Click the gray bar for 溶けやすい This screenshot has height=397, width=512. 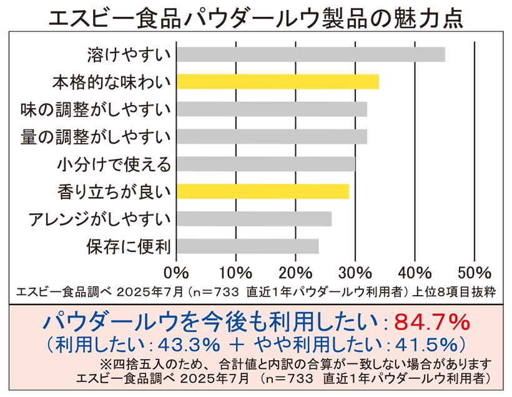[x=310, y=54]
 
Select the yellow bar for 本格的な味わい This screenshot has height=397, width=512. [x=277, y=82]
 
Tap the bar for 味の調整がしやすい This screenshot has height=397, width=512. [x=272, y=109]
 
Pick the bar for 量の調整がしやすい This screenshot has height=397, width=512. [x=272, y=136]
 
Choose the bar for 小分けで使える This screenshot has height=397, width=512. [x=265, y=164]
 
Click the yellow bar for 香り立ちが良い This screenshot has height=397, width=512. [x=262, y=191]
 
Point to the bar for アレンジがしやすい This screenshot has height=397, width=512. [x=254, y=219]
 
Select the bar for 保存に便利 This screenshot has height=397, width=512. [x=247, y=246]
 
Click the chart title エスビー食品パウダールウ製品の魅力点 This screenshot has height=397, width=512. [x=256, y=18]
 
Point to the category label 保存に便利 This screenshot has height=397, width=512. [x=127, y=246]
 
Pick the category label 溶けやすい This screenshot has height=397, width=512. [x=127, y=55]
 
